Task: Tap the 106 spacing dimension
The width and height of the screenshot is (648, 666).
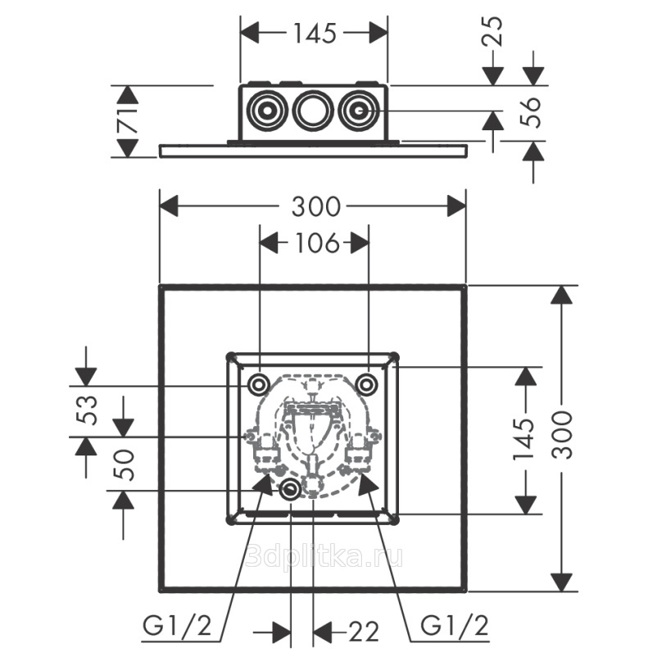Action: (315, 242)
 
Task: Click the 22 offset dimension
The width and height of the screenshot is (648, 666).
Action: (364, 632)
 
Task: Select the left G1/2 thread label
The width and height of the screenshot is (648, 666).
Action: (179, 627)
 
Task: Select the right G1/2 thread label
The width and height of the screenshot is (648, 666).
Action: (455, 627)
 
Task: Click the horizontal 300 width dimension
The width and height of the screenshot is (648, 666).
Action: (315, 206)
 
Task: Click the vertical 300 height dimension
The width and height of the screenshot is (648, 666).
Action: (562, 434)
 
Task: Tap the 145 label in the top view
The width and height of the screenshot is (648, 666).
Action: (315, 33)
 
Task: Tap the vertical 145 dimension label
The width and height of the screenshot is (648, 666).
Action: (524, 440)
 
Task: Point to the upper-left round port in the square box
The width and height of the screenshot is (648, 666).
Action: (259, 383)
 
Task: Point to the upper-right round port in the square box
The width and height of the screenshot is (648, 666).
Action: (368, 383)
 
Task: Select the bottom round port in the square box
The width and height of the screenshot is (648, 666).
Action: (291, 491)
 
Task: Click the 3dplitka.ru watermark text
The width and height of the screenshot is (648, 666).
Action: (324, 557)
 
